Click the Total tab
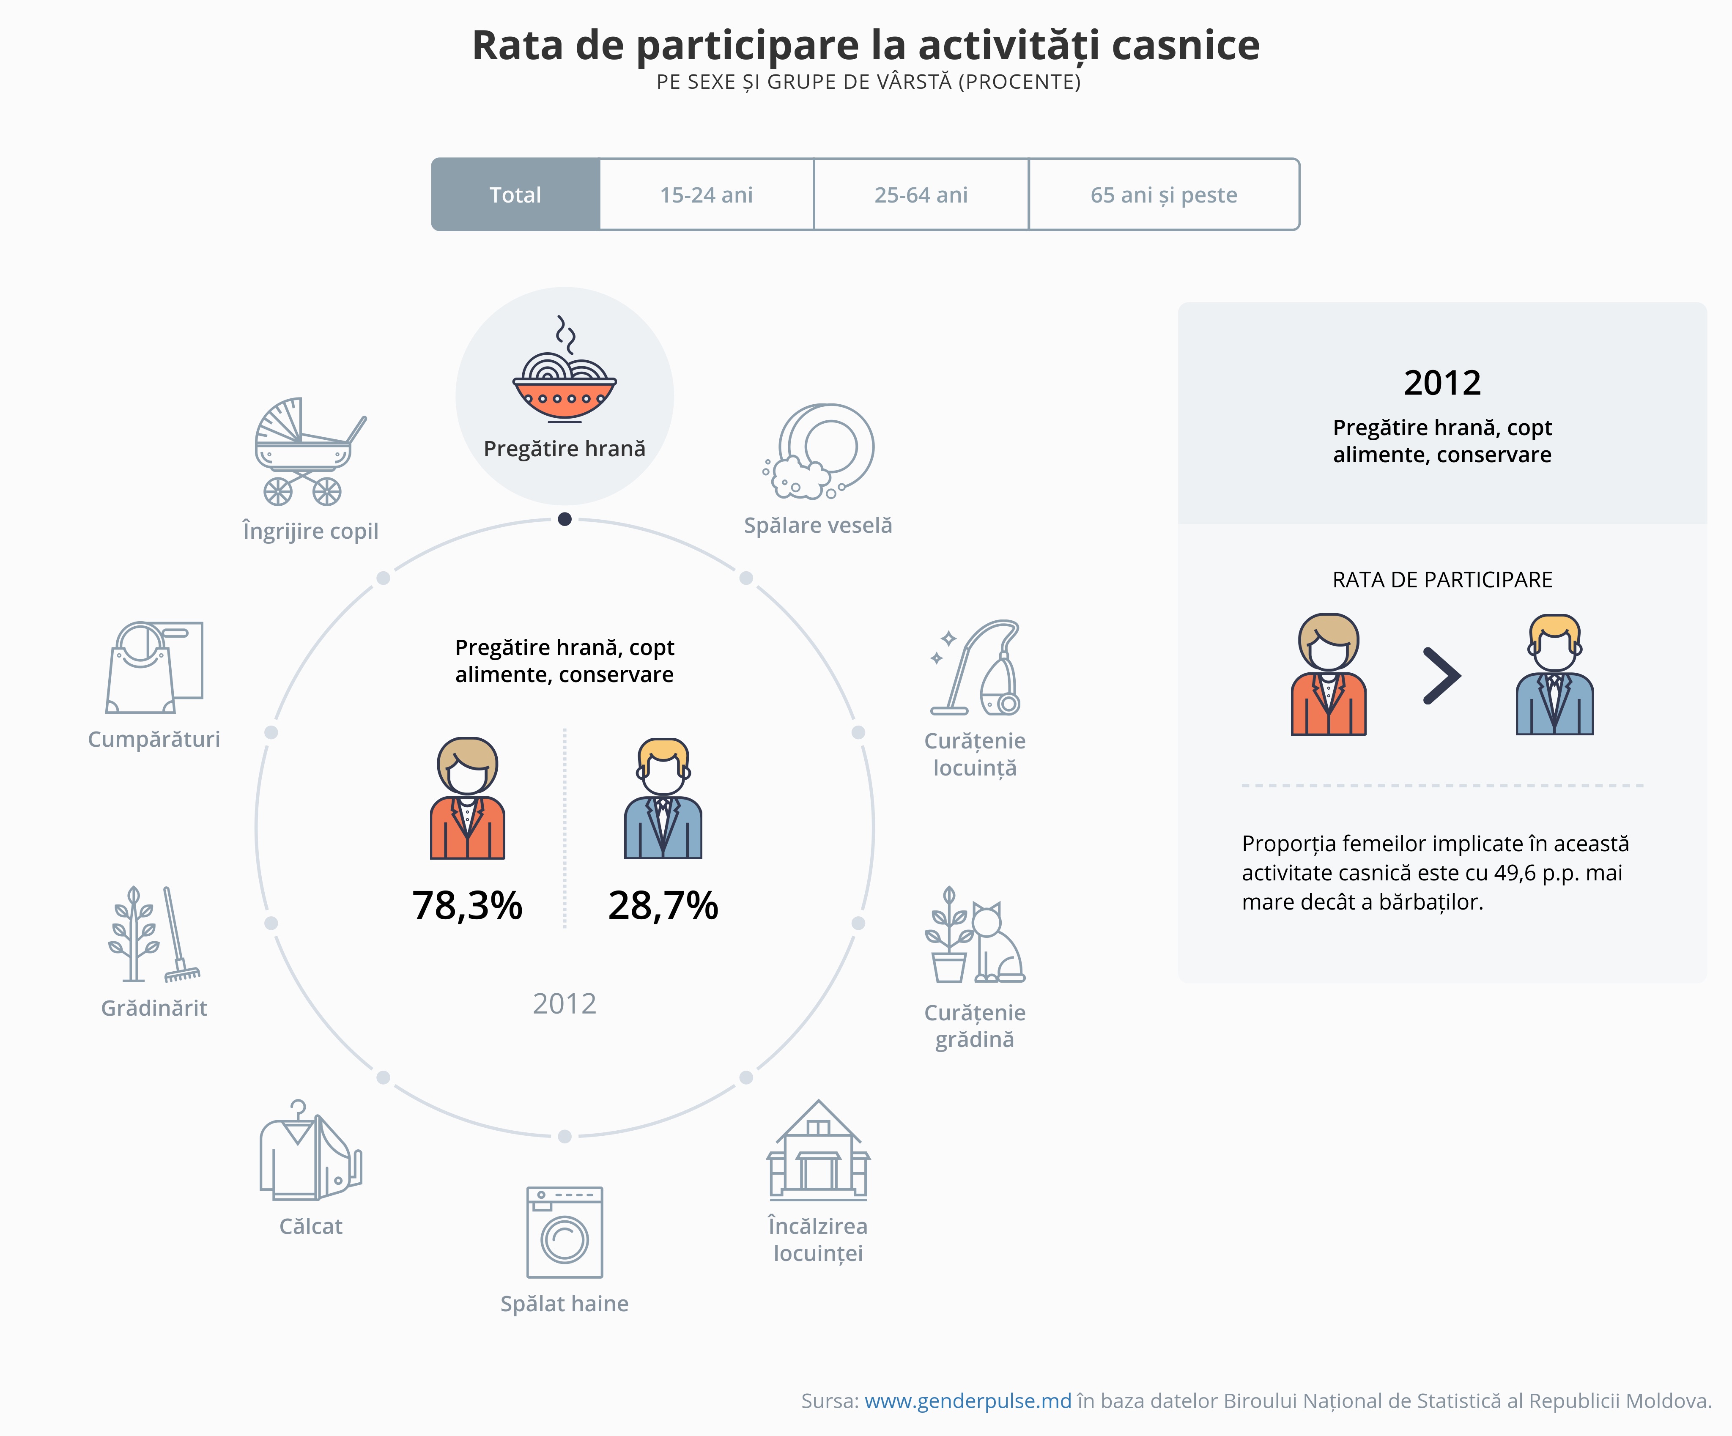click(x=515, y=195)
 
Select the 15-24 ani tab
click(x=706, y=195)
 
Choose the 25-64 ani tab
click(x=921, y=195)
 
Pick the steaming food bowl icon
click(x=564, y=371)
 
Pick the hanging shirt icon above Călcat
click(x=309, y=1151)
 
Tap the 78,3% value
click(x=467, y=906)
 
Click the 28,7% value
click(x=663, y=906)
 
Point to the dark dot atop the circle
click(x=564, y=519)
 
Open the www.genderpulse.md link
click(x=967, y=1400)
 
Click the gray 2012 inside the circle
click(x=564, y=1004)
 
